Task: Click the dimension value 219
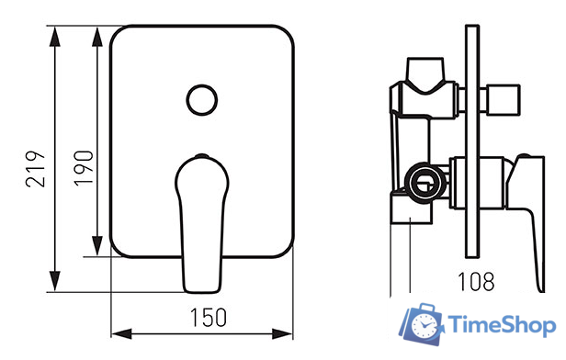click(35, 169)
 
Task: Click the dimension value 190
click(84, 168)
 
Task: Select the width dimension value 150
click(209, 318)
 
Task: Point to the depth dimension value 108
click(476, 281)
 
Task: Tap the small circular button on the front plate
click(202, 100)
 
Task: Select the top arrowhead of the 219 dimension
click(55, 37)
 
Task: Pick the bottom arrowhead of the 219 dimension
click(55, 281)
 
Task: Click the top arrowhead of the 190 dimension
click(97, 37)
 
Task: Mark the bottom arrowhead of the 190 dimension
click(97, 246)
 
